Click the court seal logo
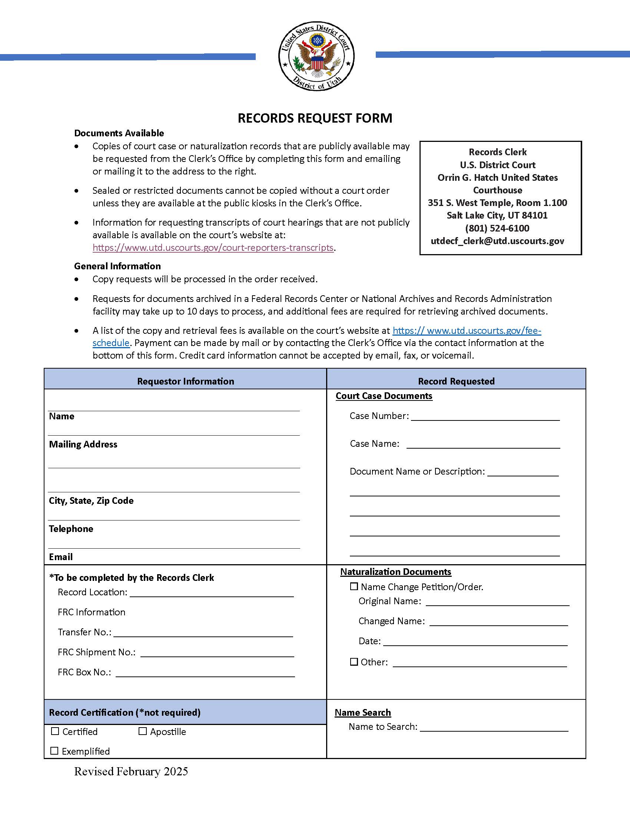click(x=316, y=56)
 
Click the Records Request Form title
click(x=315, y=118)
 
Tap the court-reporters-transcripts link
click(x=213, y=248)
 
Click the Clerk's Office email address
click(x=497, y=241)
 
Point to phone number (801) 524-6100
click(x=497, y=228)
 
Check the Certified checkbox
click(x=55, y=731)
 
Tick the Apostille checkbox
click(x=143, y=731)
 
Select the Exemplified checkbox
click(x=54, y=751)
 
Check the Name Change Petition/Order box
click(x=354, y=586)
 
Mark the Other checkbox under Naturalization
click(x=354, y=662)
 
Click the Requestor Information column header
click(x=186, y=381)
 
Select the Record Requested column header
click(x=456, y=381)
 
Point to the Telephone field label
click(x=71, y=529)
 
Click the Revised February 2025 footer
click(x=131, y=772)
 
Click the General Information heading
click(x=117, y=266)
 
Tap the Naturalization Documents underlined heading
click(x=396, y=572)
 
